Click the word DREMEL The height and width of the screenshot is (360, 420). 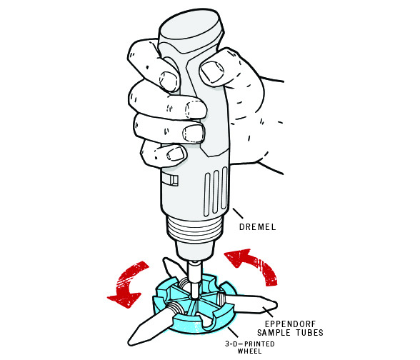[x=257, y=227]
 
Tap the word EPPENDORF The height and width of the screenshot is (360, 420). [x=290, y=324]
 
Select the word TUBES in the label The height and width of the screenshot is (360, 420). [x=310, y=333]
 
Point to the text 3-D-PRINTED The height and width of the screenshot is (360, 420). [x=250, y=344]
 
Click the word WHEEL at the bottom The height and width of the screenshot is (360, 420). [x=250, y=351]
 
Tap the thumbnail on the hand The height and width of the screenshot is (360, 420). [x=212, y=71]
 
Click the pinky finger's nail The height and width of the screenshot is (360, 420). [x=176, y=154]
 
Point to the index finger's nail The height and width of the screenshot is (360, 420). [x=169, y=81]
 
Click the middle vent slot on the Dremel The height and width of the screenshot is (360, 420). [x=215, y=191]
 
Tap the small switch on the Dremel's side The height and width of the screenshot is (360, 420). [x=170, y=179]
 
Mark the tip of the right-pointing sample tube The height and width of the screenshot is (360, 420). [x=276, y=304]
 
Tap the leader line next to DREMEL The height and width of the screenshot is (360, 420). [x=238, y=213]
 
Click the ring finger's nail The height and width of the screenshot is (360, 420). [x=194, y=133]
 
